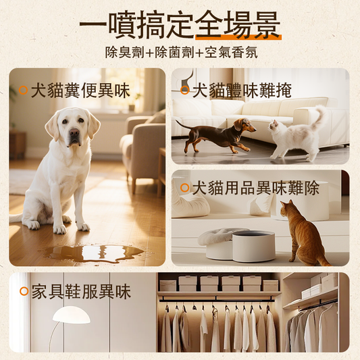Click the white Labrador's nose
(x=74, y=132)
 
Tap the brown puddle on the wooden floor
(x=93, y=253)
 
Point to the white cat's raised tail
(x=319, y=115)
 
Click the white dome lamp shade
(x=72, y=315)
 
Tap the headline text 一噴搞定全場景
(x=180, y=24)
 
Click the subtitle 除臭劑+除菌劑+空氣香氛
(x=181, y=53)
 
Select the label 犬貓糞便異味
(x=80, y=91)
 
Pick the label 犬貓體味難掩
(x=242, y=91)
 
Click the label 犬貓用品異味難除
(x=256, y=188)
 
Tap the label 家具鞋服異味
(x=81, y=292)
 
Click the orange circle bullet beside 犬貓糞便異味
(x=23, y=91)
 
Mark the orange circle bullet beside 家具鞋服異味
(x=24, y=291)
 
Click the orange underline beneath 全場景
(x=238, y=37)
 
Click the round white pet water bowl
(x=254, y=246)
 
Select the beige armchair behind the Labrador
(x=143, y=148)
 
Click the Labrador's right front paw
(x=59, y=229)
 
